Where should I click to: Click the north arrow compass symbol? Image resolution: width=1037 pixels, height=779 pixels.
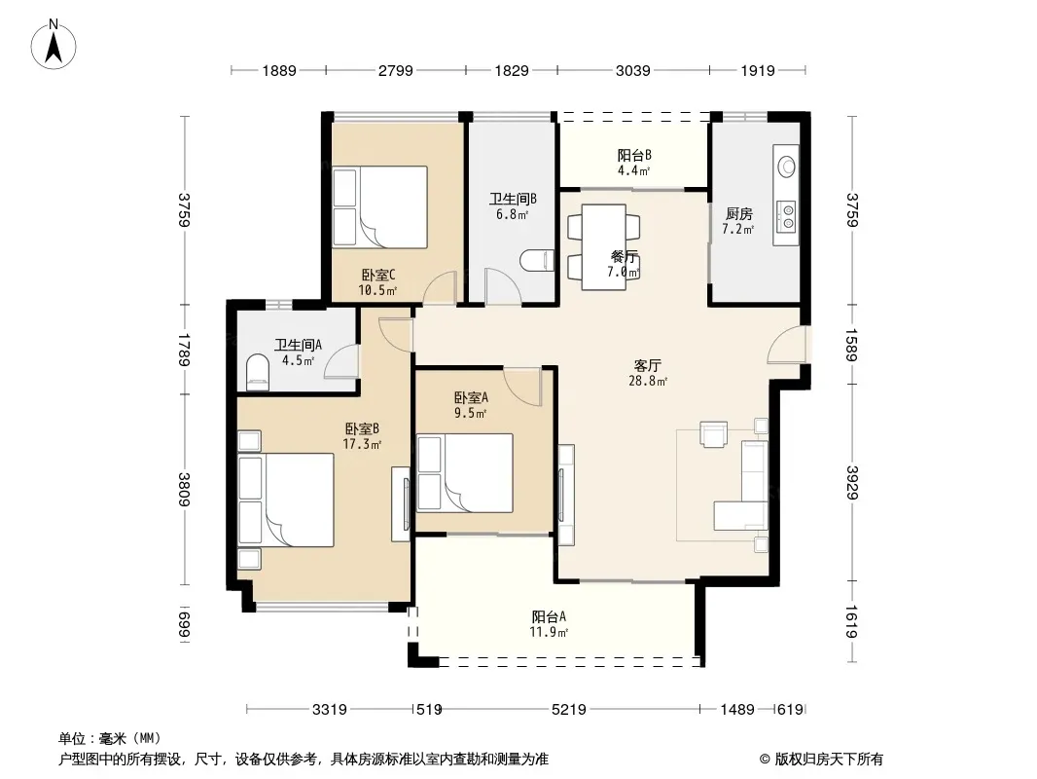click(54, 45)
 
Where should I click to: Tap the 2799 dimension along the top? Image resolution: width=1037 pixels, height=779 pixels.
click(396, 70)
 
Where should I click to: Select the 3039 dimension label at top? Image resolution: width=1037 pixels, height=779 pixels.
click(633, 70)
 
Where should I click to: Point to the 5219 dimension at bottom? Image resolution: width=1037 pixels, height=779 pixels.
click(569, 710)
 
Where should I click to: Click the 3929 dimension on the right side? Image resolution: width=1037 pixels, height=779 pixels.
click(852, 482)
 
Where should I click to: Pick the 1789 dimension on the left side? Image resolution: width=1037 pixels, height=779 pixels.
click(184, 349)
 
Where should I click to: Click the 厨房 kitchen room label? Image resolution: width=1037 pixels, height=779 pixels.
click(738, 214)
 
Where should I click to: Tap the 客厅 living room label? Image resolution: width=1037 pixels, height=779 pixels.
click(648, 365)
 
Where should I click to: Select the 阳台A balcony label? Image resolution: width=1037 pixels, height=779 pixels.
click(549, 616)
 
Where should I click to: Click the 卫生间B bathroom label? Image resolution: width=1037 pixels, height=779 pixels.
click(513, 199)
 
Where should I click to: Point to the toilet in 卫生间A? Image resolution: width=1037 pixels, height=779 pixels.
click(258, 372)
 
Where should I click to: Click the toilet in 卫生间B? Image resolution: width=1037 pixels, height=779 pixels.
click(536, 260)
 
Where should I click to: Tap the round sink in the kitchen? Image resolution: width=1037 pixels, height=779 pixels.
click(786, 166)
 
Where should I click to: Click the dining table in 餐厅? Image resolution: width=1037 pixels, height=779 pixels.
click(604, 247)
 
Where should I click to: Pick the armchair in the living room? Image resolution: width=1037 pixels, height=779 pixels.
click(714, 434)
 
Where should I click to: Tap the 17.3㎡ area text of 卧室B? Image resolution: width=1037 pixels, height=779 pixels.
click(362, 444)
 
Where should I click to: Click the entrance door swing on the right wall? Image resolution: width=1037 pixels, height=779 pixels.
click(786, 345)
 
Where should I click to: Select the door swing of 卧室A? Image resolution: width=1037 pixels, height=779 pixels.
click(522, 386)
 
